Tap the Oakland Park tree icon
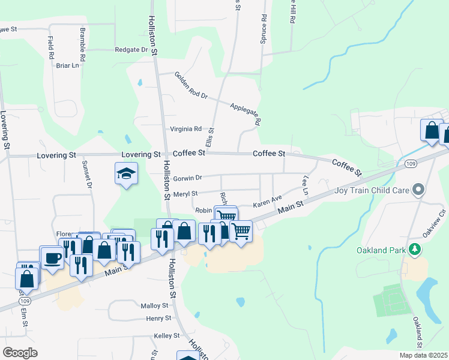414,249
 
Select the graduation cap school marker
126,174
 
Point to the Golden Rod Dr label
191,86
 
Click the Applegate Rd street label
246,113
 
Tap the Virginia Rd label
185,128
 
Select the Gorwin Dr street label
187,178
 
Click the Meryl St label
185,194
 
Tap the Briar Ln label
67,65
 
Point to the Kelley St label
167,335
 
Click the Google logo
20,353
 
